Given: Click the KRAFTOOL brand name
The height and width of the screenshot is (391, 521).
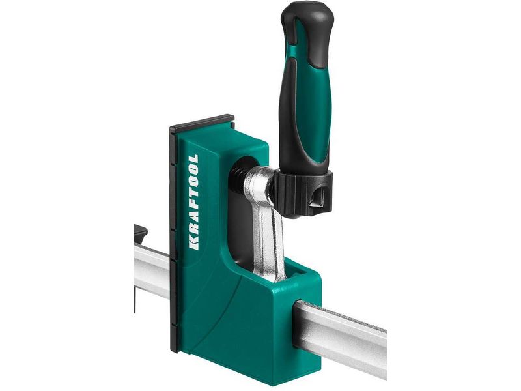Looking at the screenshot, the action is [193, 202].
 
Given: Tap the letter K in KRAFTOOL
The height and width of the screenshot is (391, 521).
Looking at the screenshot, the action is [193, 244].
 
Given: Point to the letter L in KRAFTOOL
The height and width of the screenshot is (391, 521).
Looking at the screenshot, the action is [193, 158].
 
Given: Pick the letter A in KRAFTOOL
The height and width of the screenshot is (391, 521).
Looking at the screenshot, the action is [193, 220].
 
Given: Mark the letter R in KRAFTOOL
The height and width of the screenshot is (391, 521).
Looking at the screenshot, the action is [193, 231].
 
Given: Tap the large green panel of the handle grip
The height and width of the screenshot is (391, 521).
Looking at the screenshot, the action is [318, 109].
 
